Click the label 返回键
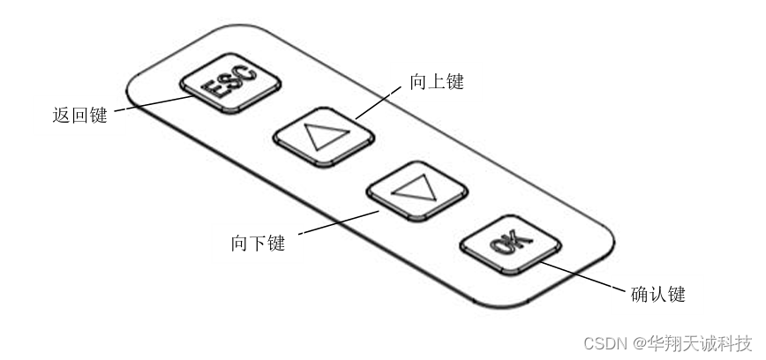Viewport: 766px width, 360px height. (x=80, y=116)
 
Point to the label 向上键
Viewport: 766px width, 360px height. (x=437, y=82)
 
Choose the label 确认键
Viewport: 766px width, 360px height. (x=659, y=294)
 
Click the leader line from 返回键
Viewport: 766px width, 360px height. (x=154, y=103)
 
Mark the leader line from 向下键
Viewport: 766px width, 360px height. (x=340, y=222)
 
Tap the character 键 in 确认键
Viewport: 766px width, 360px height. (x=677, y=294)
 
